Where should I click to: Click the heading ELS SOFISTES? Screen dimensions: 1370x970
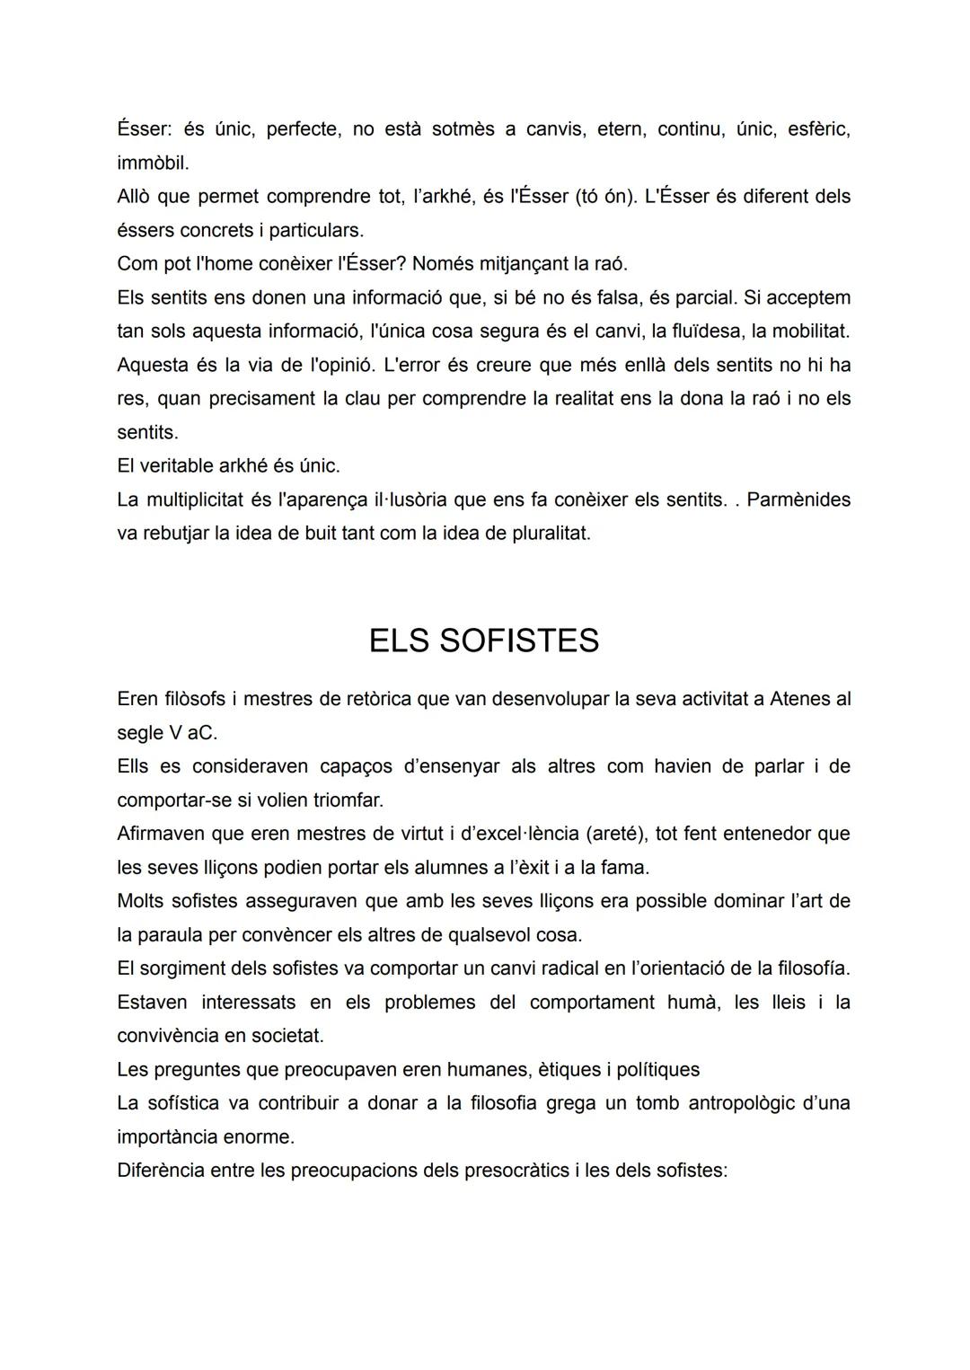[483, 641]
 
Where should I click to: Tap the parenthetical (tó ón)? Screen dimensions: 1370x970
[605, 196]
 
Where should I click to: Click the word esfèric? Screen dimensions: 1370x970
[818, 129]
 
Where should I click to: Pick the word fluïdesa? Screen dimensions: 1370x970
[696, 331]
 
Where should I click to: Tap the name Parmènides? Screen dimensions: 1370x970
[798, 499]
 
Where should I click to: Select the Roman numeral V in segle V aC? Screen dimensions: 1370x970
[174, 733]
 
